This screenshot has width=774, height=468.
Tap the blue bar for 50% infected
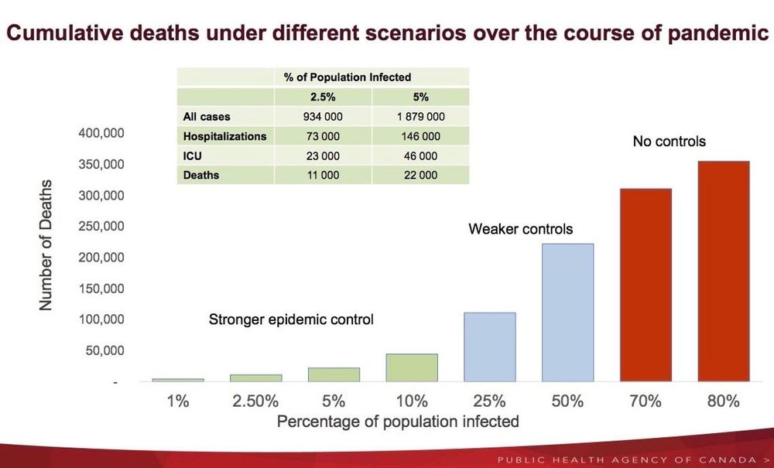pyautogui.click(x=567, y=313)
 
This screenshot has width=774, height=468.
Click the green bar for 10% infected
pyautogui.click(x=412, y=367)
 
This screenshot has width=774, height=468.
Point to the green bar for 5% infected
pyautogui.click(x=334, y=374)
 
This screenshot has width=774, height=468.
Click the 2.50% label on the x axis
pyautogui.click(x=255, y=401)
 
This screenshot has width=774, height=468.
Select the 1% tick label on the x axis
pyautogui.click(x=178, y=401)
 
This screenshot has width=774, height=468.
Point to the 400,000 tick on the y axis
pyautogui.click(x=101, y=133)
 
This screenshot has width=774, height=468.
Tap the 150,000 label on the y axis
pyautogui.click(x=101, y=289)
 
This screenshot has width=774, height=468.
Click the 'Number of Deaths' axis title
pyautogui.click(x=46, y=245)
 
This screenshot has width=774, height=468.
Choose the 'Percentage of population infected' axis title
pyautogui.click(x=398, y=422)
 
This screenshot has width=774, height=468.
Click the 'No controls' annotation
pyautogui.click(x=670, y=142)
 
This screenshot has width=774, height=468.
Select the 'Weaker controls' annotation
pyautogui.click(x=521, y=229)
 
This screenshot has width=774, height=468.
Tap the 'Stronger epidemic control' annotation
pyautogui.click(x=291, y=319)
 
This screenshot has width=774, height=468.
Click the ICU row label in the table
pyautogui.click(x=193, y=155)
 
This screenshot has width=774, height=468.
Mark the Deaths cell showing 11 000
pyautogui.click(x=323, y=175)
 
